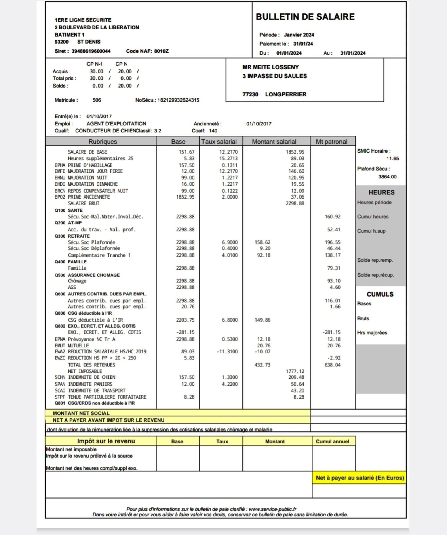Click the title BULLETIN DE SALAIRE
[x=305, y=17]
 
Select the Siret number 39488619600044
[x=91, y=51]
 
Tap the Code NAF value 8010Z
[x=161, y=51]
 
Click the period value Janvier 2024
[x=299, y=35]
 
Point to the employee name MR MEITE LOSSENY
[x=270, y=67]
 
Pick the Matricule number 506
[x=97, y=100]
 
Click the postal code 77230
[x=250, y=94]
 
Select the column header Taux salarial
[x=219, y=142]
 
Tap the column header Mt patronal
[x=331, y=142]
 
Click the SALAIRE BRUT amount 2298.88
[x=295, y=203]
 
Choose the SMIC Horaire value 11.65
[x=392, y=159]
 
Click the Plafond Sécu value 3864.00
[x=387, y=177]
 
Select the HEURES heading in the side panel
[x=381, y=193]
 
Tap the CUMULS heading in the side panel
[x=380, y=294]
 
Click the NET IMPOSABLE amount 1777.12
[x=295, y=371]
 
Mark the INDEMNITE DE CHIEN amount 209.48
[x=296, y=377]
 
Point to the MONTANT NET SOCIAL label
[x=81, y=413]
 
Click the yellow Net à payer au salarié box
[x=360, y=478]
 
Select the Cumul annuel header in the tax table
[x=332, y=441]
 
